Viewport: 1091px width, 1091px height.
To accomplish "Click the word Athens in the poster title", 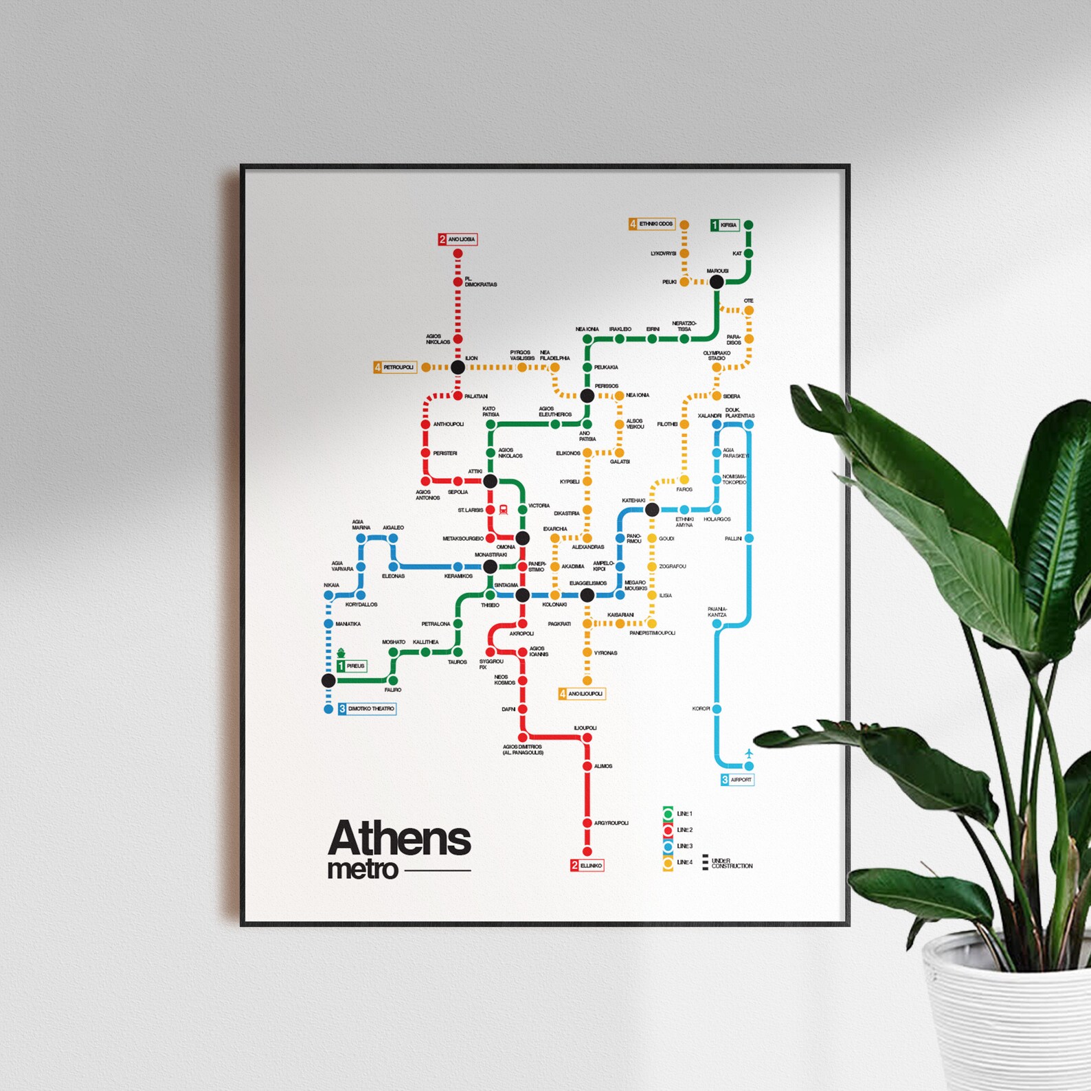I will tap(399, 838).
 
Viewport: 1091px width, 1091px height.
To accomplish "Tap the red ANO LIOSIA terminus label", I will tap(458, 239).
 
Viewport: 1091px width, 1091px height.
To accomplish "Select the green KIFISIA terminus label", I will tap(725, 225).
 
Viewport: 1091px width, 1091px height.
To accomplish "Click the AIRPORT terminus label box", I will tap(737, 780).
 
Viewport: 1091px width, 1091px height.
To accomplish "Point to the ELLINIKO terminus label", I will tap(587, 866).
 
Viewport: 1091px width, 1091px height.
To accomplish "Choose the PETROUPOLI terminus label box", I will tap(395, 368).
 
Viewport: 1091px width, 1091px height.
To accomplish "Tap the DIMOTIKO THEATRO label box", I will tap(367, 708).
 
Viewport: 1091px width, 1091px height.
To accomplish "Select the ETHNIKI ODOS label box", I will tap(652, 224).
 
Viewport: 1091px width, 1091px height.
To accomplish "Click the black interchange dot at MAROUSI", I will tap(717, 282).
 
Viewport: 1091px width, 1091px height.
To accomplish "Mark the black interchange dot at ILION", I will tap(458, 368).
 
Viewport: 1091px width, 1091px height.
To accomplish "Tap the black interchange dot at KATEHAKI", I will tap(652, 510).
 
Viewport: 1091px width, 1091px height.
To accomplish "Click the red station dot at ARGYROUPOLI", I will tap(587, 823).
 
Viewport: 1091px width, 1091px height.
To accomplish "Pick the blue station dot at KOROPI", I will tap(717, 708).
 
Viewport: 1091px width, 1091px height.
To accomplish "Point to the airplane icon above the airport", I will tap(749, 754).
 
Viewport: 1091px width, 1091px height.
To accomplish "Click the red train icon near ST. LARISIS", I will tap(504, 510).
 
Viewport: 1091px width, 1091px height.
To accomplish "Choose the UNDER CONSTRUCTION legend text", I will tap(732, 864).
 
